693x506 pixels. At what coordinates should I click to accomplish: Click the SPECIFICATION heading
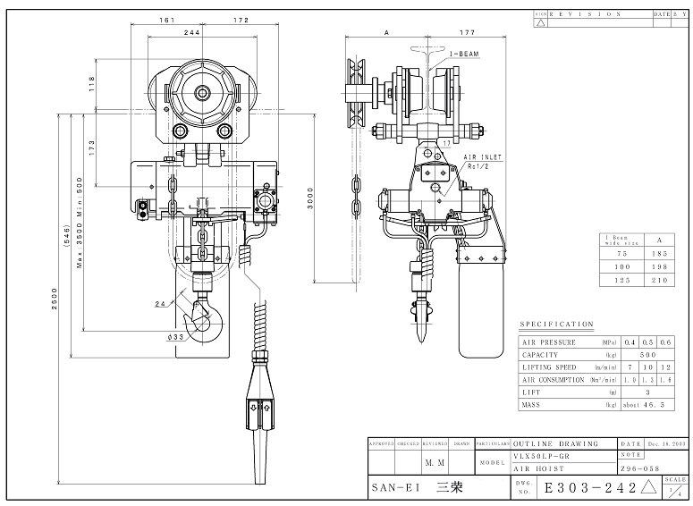(x=555, y=324)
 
